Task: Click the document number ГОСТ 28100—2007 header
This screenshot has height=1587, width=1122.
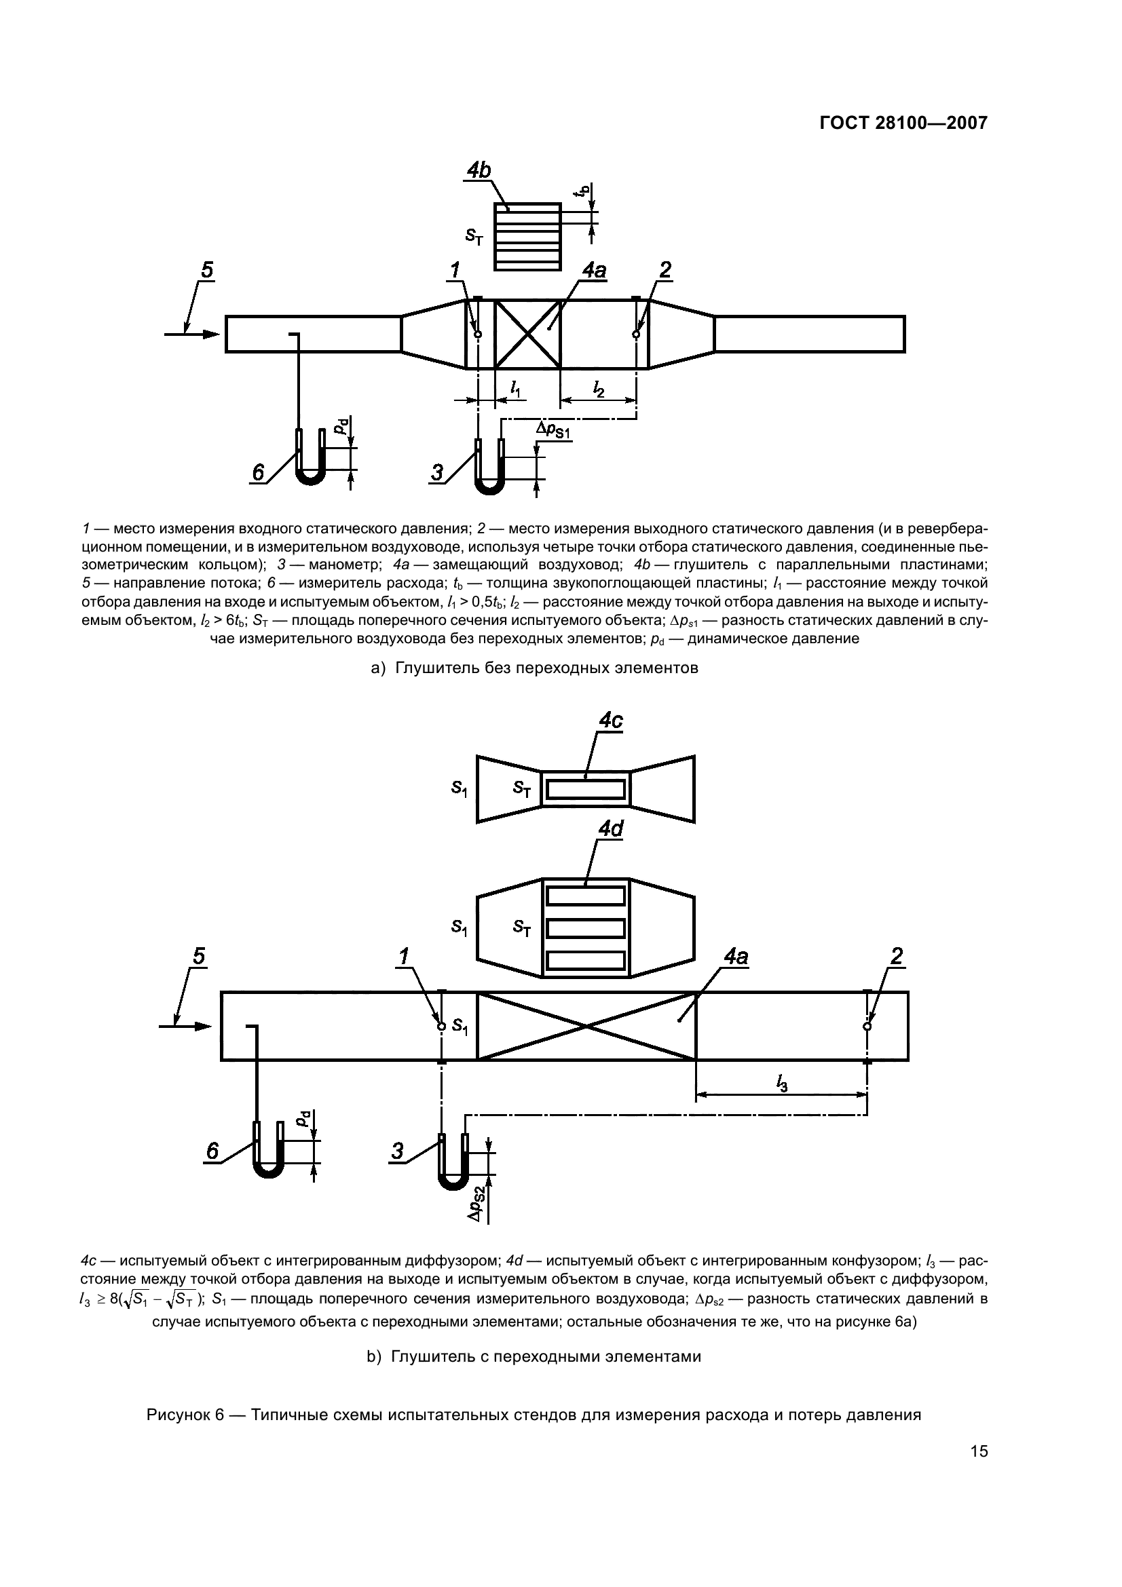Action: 903,123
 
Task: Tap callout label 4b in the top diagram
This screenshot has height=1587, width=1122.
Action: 479,170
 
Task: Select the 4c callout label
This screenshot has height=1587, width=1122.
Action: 610,721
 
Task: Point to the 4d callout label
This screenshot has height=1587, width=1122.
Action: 610,828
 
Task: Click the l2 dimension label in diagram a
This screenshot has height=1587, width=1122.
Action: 599,391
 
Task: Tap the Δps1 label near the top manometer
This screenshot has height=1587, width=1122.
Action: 553,431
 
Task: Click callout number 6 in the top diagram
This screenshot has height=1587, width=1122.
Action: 258,473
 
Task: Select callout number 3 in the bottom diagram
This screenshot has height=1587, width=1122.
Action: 398,1151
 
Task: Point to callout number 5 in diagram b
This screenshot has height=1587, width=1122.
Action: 198,957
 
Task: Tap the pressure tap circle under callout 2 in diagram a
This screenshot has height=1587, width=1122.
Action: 636,334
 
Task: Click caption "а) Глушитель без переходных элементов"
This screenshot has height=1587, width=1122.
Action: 534,668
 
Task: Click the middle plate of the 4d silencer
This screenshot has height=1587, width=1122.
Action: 586,928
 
